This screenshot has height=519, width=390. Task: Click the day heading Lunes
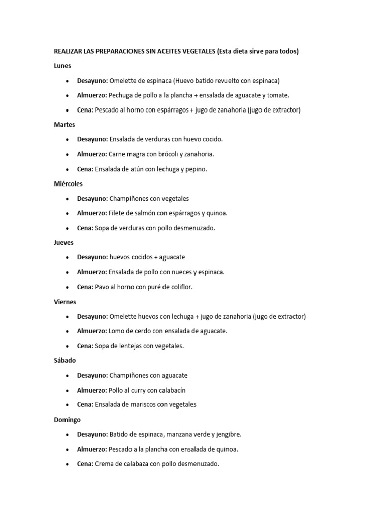(62, 66)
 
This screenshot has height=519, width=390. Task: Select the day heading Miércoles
(68, 183)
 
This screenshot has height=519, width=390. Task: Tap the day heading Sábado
(65, 360)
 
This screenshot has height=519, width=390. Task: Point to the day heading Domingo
(67, 420)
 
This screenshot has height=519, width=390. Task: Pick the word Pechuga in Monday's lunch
(120, 95)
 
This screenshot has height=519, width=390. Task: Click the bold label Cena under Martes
(85, 169)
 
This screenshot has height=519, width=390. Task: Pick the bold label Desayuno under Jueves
(92, 257)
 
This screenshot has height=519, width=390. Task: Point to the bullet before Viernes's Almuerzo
(68, 331)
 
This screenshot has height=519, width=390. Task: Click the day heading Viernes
(65, 302)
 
